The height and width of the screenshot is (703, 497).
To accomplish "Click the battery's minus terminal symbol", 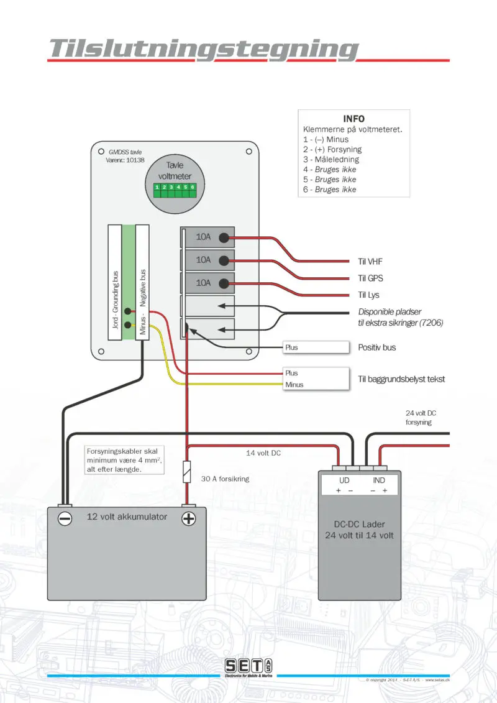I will coord(64,518).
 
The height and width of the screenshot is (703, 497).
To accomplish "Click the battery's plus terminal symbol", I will coord(188,518).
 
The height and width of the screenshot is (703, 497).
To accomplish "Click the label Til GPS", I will coord(371,278).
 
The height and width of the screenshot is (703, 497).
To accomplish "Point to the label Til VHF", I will coord(371,262).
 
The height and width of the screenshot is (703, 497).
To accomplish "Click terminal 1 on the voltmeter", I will coord(158,187).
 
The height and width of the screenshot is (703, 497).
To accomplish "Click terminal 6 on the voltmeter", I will coord(193,187).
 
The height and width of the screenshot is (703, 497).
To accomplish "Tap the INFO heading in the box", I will coord(354,119).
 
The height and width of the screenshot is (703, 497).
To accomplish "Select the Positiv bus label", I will coord(377,347).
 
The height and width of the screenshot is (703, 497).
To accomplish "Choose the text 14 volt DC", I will coord(264,453).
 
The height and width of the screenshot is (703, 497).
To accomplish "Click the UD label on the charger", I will coord(344,480).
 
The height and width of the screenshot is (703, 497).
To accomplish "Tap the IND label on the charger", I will coord(378,480).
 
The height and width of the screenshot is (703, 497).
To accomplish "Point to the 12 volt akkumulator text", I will coord(127,517).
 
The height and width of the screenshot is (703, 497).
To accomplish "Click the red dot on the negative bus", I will coord(127,311).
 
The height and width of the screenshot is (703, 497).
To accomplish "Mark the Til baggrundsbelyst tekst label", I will coord(401,379).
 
